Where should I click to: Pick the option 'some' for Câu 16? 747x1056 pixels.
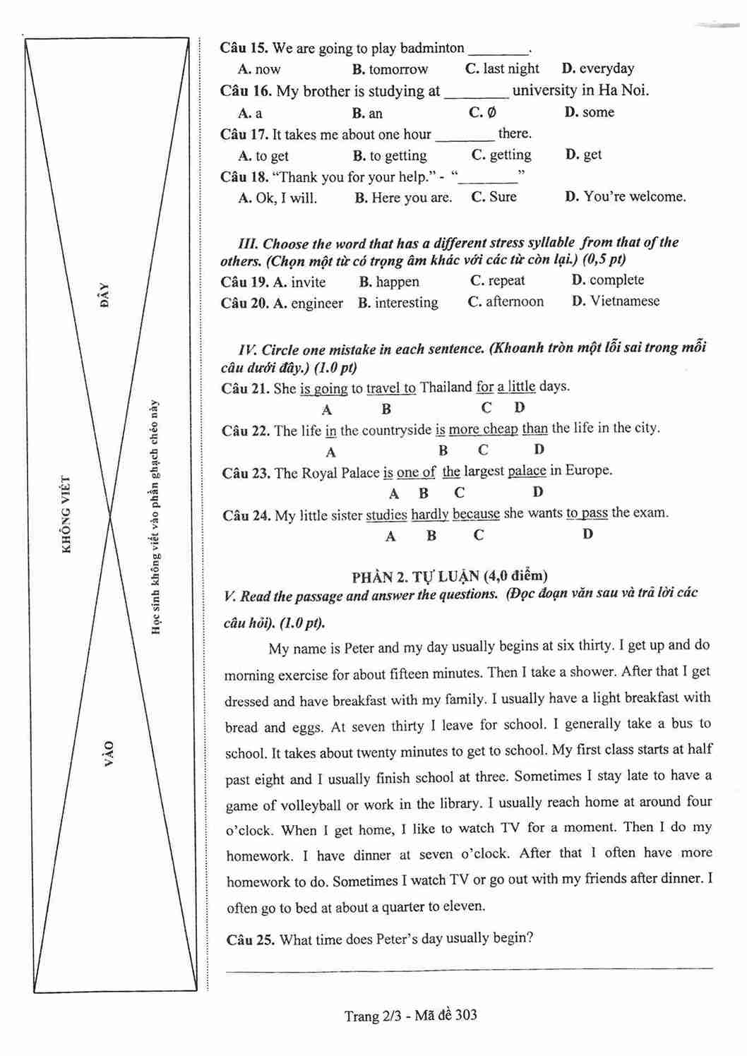[x=598, y=112]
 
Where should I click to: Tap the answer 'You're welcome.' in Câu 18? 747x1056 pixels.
[x=634, y=197]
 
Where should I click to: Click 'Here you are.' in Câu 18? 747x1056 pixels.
[x=411, y=198]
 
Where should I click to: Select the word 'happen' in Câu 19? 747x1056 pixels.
[x=397, y=282]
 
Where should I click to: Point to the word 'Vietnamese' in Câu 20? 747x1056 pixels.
[x=624, y=301]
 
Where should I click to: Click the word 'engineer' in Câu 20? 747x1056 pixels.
[x=316, y=304]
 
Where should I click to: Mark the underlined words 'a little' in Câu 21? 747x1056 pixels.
[x=516, y=387]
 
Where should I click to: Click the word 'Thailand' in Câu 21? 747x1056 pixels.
[x=446, y=388]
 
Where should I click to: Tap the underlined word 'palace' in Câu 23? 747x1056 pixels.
[x=527, y=471]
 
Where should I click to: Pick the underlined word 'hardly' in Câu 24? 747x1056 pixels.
[x=430, y=515]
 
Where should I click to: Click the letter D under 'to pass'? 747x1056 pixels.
[x=587, y=534]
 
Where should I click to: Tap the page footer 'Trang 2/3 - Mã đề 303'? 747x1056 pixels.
[x=410, y=1016]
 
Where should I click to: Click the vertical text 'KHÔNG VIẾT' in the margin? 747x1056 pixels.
[x=67, y=515]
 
